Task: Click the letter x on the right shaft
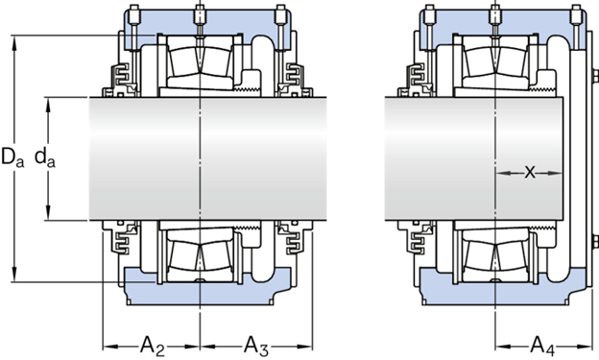point(529,173)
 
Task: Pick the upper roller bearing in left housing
point(199,67)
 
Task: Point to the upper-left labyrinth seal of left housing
point(122,78)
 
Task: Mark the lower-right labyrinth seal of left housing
point(287,239)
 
